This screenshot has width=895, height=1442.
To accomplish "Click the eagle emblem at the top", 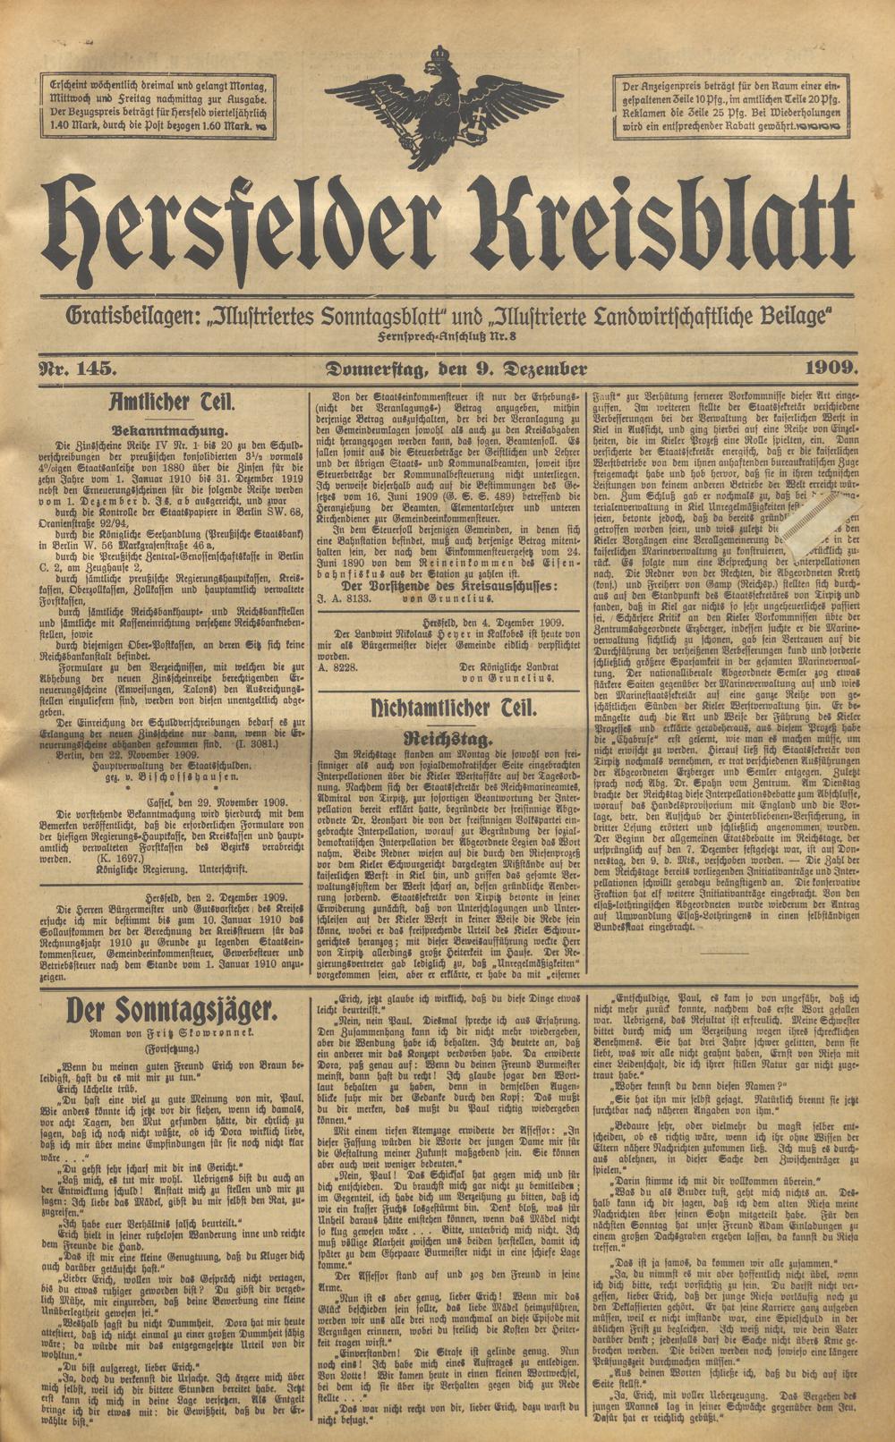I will pyautogui.click(x=445, y=105).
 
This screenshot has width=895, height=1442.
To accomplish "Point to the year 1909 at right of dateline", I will pyautogui.click(x=831, y=369).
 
